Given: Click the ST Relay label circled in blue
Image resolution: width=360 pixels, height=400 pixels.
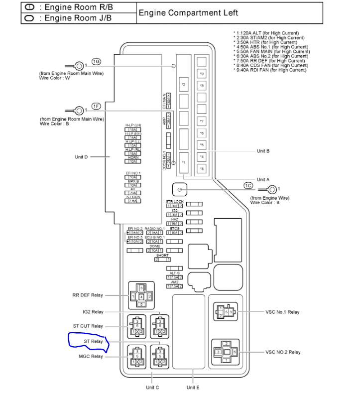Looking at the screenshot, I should tap(93, 341).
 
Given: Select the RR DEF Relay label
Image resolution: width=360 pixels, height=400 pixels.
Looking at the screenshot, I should tap(87, 295).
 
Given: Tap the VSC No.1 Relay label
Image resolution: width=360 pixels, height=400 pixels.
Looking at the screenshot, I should tap(282, 312).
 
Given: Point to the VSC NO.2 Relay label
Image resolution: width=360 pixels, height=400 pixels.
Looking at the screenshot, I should tap(283, 352).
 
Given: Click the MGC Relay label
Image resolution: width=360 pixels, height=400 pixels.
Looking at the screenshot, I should tap(91, 356).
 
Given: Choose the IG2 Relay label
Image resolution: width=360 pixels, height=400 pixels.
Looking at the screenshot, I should tap(93, 312).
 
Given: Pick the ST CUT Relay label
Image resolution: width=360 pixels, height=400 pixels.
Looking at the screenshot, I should tap(88, 326).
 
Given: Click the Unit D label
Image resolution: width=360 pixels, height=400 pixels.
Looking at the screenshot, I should tap(81, 157).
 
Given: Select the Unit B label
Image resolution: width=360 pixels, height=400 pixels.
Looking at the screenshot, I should tap(263, 150).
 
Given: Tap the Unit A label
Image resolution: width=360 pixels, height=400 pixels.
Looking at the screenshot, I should tap(263, 179).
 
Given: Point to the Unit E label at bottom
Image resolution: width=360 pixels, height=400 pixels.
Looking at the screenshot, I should tap(193, 387).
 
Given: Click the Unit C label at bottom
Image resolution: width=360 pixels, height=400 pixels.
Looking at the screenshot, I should tap(152, 387).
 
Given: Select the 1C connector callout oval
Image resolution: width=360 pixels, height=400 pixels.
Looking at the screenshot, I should tap(248, 185).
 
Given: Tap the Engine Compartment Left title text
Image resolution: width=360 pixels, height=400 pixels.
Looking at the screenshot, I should tap(188, 13).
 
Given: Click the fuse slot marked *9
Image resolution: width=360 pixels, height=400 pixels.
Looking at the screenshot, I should tap(202, 74).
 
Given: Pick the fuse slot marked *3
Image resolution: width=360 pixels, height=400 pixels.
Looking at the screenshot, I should tap(202, 169).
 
